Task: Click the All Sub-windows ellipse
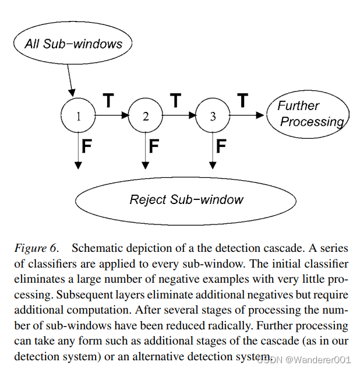click(x=73, y=43)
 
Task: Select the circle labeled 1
click(x=78, y=116)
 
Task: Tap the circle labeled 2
click(x=146, y=116)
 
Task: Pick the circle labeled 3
click(x=213, y=116)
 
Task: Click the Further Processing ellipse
click(x=307, y=114)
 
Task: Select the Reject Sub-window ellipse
click(x=186, y=200)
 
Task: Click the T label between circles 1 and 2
click(x=108, y=101)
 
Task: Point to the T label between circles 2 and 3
click(x=175, y=101)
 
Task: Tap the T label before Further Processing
click(x=242, y=101)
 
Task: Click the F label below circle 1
click(x=87, y=146)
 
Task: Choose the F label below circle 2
click(x=154, y=146)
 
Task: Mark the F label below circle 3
click(x=221, y=146)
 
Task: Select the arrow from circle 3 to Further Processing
click(x=247, y=115)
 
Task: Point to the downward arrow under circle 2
click(x=146, y=152)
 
